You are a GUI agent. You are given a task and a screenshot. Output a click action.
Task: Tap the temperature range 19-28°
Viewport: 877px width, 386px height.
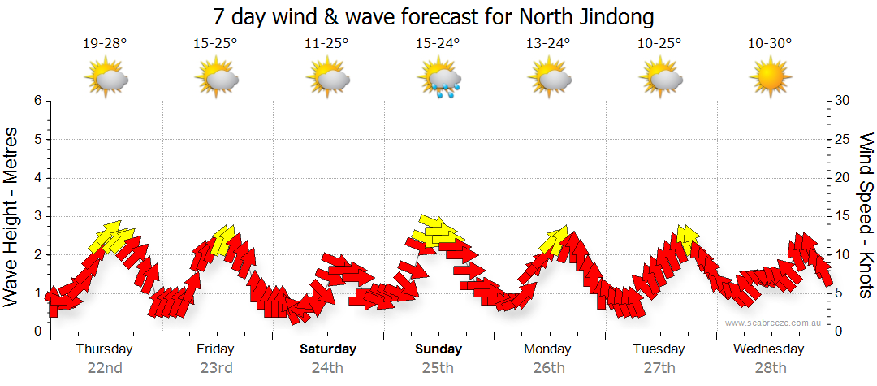[x=105, y=44]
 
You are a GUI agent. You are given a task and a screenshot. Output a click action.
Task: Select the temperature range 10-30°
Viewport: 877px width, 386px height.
[x=770, y=44]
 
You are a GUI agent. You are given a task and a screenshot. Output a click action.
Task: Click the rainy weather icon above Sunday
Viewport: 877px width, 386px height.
[x=439, y=80]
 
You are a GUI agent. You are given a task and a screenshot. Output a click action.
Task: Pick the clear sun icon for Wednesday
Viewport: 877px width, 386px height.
[x=770, y=79]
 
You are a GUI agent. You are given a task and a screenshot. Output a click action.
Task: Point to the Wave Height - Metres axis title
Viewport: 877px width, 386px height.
[x=11, y=216]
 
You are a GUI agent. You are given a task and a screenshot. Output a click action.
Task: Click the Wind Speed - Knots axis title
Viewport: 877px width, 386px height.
[x=866, y=216]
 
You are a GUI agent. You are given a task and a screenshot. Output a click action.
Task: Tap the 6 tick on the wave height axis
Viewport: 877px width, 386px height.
[x=37, y=101]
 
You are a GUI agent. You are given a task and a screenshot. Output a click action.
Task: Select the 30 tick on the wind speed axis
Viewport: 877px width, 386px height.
[x=844, y=101]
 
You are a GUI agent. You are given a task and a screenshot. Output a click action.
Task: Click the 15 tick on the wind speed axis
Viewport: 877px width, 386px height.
[x=844, y=216]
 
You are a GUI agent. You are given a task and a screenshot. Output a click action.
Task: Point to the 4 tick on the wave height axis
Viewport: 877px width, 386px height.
[x=37, y=178]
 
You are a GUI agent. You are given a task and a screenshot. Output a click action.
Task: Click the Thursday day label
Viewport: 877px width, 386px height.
[x=104, y=349]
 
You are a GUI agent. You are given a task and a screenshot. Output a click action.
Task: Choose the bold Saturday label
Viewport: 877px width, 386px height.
[x=328, y=349]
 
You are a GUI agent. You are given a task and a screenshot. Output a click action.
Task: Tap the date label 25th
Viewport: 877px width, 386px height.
[x=438, y=368]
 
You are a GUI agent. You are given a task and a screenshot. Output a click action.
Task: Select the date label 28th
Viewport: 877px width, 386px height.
[x=769, y=368]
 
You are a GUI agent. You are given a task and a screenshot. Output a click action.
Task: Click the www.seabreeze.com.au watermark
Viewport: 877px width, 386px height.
[x=775, y=323]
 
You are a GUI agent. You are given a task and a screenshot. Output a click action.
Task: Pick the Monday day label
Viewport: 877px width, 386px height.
[x=548, y=349]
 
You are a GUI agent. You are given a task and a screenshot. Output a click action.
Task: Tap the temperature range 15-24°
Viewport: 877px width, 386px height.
[x=438, y=44]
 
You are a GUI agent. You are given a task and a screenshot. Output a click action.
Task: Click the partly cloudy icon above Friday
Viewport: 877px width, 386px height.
[x=216, y=79]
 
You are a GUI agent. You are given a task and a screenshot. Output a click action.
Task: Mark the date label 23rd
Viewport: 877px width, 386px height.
[x=215, y=368]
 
